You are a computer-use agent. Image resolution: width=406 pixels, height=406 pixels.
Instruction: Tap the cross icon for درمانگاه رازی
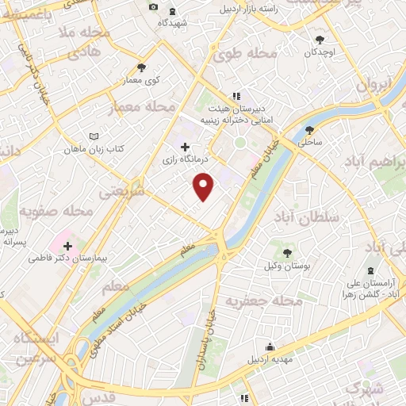(185, 147)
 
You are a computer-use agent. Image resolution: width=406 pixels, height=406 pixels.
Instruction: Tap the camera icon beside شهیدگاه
(153, 8)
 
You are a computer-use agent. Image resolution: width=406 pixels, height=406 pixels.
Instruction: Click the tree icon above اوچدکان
(320, 40)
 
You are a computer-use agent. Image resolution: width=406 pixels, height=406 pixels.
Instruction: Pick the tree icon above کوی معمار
(141, 67)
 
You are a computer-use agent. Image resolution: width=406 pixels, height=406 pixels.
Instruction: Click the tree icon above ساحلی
(308, 130)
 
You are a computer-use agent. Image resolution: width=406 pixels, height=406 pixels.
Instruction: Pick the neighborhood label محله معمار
(151, 105)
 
